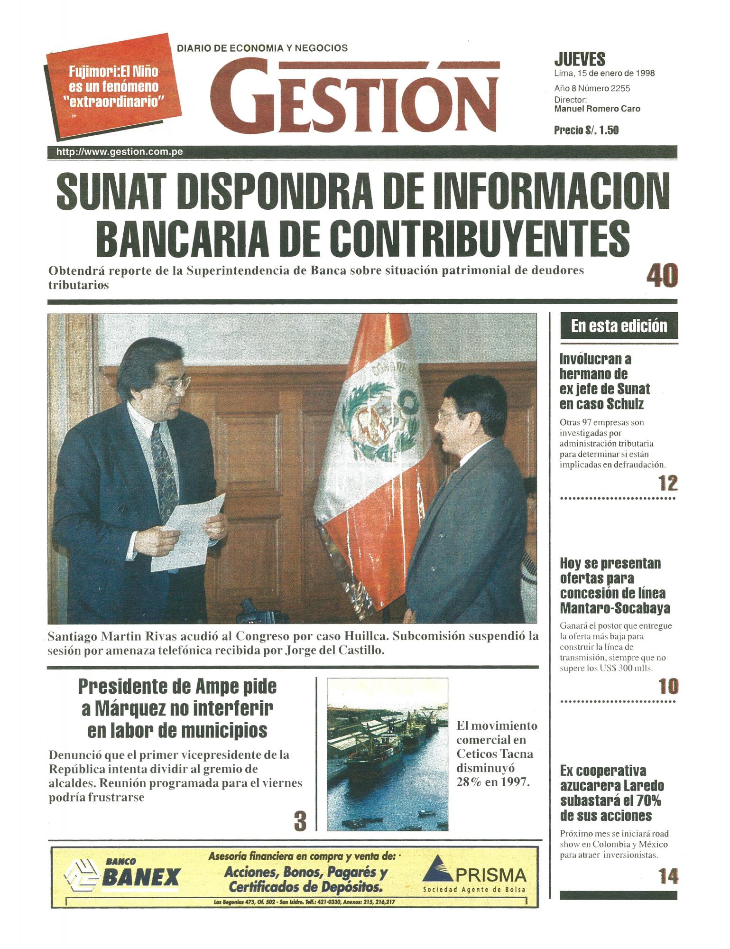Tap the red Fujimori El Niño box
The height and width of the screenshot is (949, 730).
click(x=114, y=86)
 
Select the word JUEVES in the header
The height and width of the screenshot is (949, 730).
click(x=579, y=60)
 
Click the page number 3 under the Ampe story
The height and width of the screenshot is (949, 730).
click(x=300, y=822)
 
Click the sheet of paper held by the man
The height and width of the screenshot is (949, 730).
click(x=194, y=527)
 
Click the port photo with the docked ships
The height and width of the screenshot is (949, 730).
click(x=387, y=754)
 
